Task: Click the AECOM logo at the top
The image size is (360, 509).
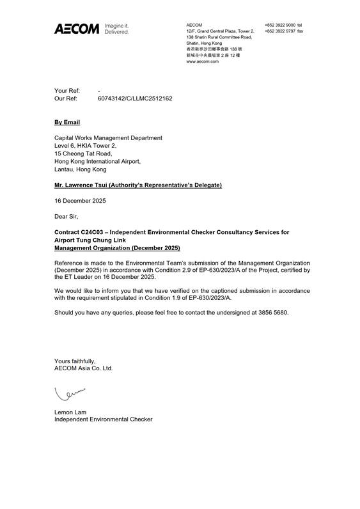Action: tap(77, 28)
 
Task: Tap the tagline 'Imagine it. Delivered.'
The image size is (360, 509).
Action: tap(116, 28)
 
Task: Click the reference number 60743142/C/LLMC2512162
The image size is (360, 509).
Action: tap(135, 99)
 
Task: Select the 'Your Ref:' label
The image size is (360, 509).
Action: tap(67, 91)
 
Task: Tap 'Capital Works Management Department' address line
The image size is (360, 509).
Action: tap(108, 137)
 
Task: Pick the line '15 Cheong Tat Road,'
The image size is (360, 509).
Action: tap(83, 153)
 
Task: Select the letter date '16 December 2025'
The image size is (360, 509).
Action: tap(80, 201)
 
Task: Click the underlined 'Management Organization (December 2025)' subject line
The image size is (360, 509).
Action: tap(117, 248)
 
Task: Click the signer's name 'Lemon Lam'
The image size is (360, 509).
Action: tap(70, 412)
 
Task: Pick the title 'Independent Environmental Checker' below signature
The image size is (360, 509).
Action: tap(104, 419)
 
